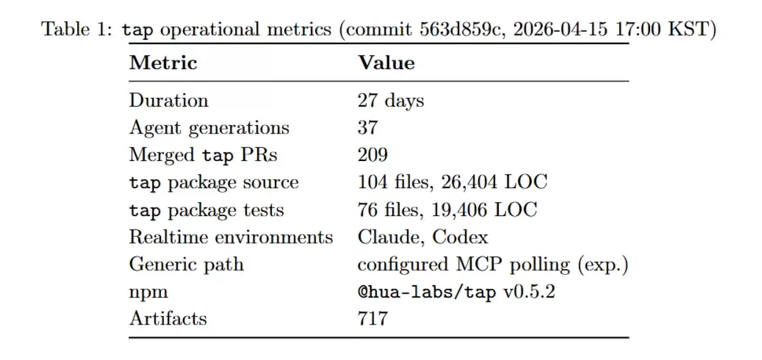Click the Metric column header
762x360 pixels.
click(x=163, y=62)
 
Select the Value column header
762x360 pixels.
click(x=386, y=62)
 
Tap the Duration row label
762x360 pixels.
click(x=169, y=100)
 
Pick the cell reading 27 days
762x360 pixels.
click(x=391, y=101)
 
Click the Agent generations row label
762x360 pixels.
click(x=209, y=129)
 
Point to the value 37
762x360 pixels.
click(x=368, y=128)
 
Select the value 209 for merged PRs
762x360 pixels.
click(x=373, y=155)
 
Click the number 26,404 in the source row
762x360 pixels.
click(x=469, y=182)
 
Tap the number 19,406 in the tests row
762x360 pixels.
click(x=459, y=210)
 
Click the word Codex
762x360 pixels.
click(x=460, y=237)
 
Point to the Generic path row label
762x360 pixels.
click(x=187, y=265)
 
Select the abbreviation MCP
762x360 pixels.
click(x=479, y=264)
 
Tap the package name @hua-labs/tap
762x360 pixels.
click(x=427, y=292)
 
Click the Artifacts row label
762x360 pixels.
click(x=168, y=319)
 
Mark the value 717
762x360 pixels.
click(x=373, y=319)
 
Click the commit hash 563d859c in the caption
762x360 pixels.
click(x=460, y=29)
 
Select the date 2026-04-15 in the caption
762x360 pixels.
click(x=560, y=29)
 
